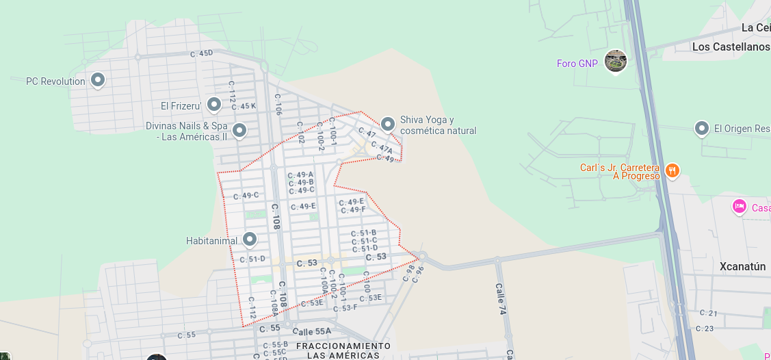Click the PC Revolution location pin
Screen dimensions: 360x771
(x=98, y=80)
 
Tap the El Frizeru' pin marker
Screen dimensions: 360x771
(x=214, y=105)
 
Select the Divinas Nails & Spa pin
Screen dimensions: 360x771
(x=239, y=129)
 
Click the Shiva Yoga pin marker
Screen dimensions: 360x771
(x=388, y=124)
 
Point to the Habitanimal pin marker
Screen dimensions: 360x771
(x=250, y=239)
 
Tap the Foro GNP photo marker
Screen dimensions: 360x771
(x=616, y=61)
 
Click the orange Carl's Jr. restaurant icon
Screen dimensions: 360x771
(x=672, y=170)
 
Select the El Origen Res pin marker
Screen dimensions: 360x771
(x=701, y=128)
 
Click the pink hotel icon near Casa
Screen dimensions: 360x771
(x=739, y=205)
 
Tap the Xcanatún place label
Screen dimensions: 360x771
(x=742, y=267)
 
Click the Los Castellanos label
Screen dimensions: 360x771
(x=731, y=47)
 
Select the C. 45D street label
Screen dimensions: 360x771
(x=201, y=53)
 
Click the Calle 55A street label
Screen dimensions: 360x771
(x=311, y=331)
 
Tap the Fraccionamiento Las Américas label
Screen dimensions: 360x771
(x=343, y=350)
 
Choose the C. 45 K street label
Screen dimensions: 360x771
(x=244, y=106)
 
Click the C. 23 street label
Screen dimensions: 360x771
(x=704, y=329)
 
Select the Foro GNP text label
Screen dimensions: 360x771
(x=577, y=64)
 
